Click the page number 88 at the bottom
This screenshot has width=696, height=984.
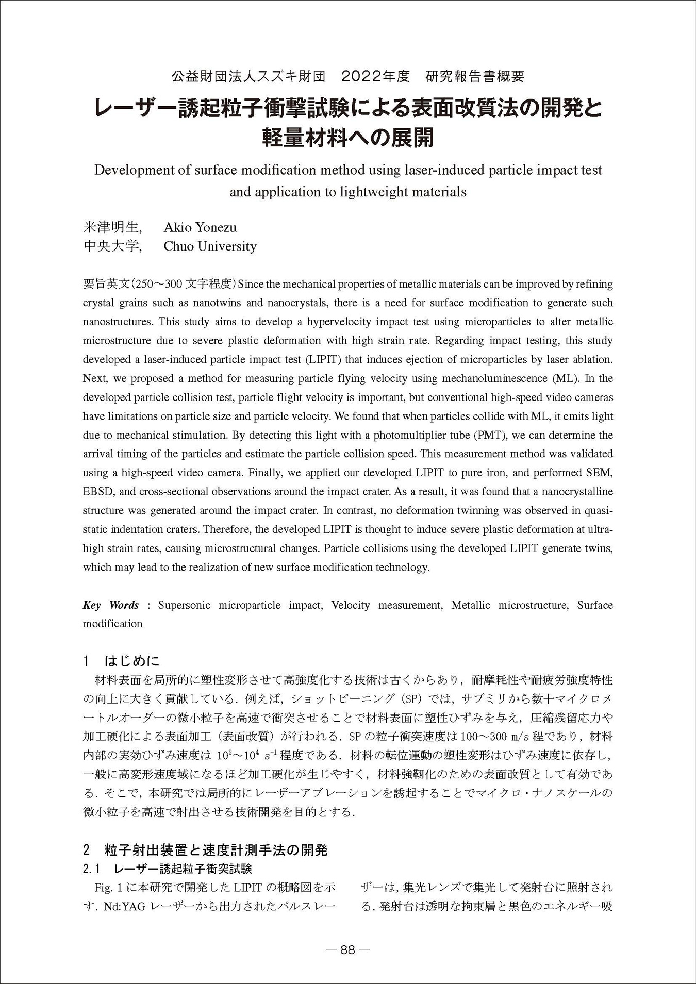coord(348,950)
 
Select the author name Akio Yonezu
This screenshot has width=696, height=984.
coord(200,227)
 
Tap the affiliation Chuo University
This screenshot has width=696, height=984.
coord(210,246)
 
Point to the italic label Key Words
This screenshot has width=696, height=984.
coord(110,605)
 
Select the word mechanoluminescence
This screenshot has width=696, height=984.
coord(494,378)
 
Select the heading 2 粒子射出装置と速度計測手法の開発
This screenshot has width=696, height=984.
coord(205,850)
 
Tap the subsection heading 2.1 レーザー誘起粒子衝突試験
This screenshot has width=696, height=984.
coord(168,869)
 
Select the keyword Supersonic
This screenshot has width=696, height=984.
coord(184,605)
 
